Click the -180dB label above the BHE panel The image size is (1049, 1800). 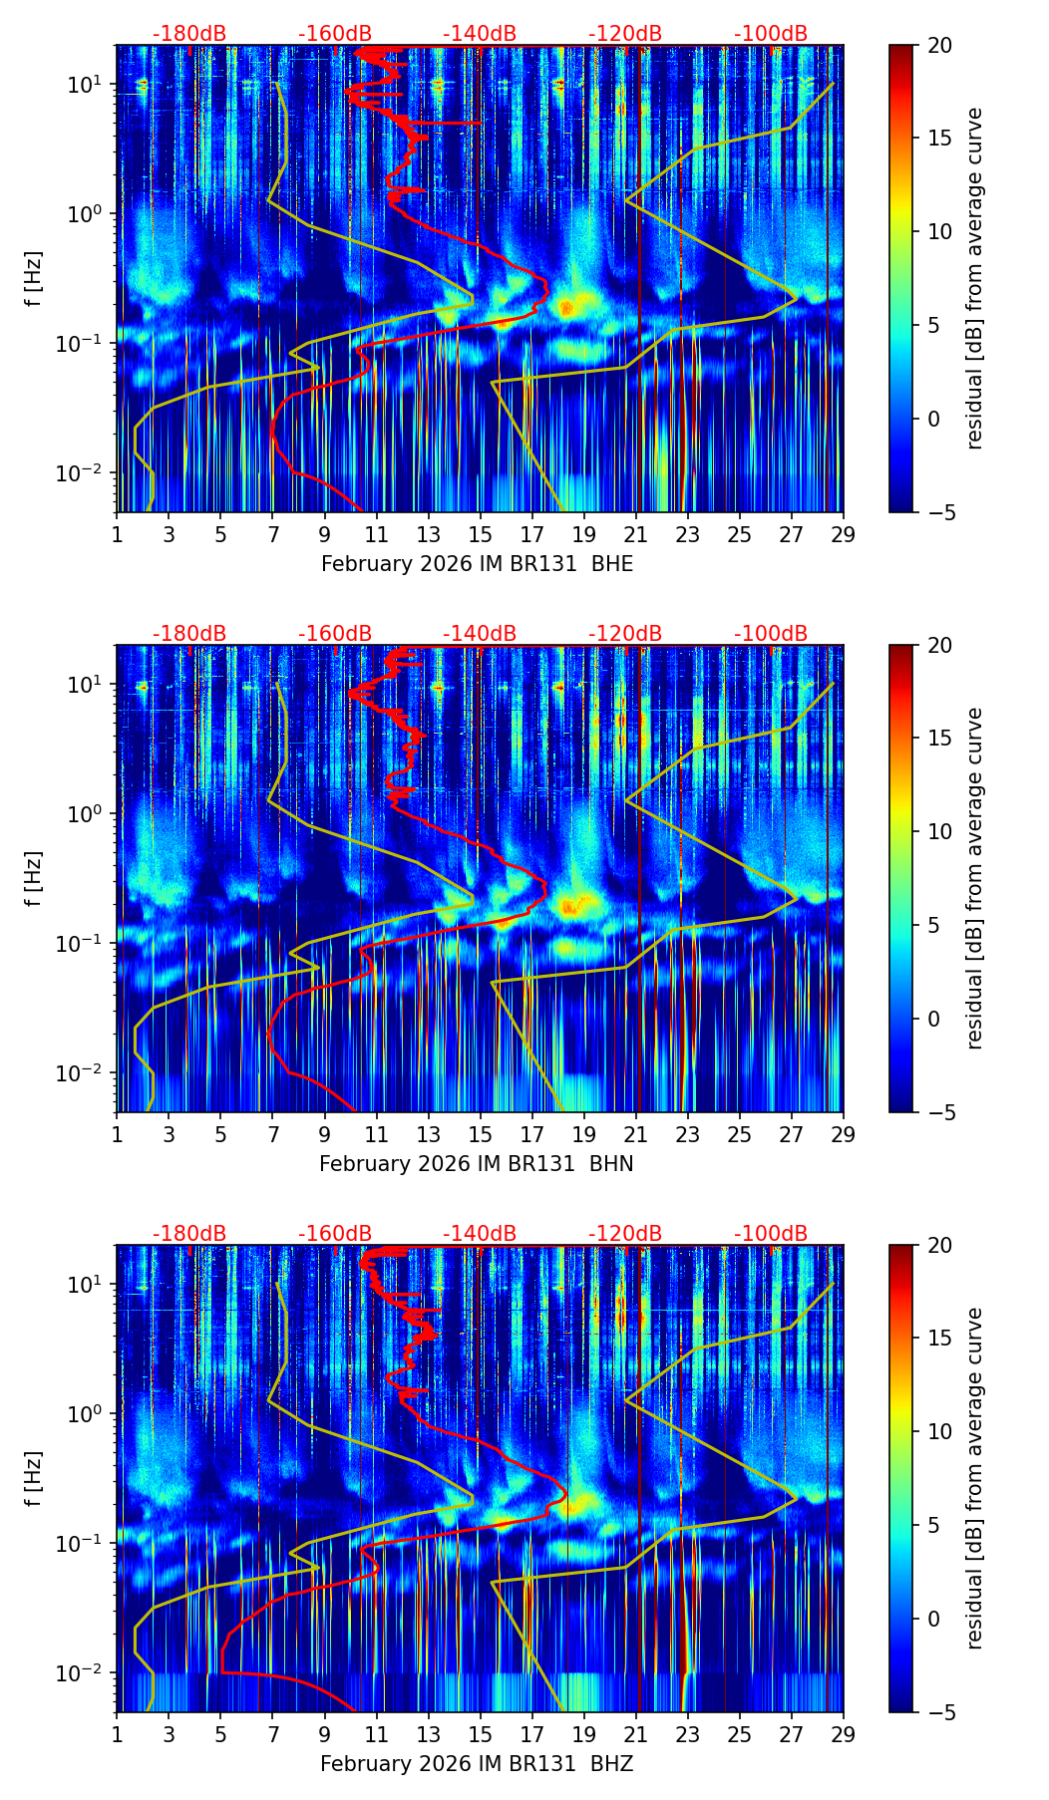click(189, 34)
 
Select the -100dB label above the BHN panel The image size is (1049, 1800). click(771, 634)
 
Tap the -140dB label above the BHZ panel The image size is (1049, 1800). click(480, 1234)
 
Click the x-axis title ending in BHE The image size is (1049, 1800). click(477, 564)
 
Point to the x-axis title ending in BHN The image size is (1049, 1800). click(477, 1164)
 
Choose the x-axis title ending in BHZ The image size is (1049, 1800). click(477, 1764)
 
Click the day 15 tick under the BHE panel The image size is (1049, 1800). click(481, 534)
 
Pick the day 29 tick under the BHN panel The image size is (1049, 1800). click(844, 1134)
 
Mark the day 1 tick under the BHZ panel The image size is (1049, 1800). click(118, 1734)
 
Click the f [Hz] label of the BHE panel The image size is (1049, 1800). click(34, 279)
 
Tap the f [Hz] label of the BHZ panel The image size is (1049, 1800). click(34, 1479)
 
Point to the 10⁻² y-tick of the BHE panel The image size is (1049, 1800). click(82, 472)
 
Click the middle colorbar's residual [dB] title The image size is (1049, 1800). click(975, 878)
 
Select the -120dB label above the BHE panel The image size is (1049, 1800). click(625, 34)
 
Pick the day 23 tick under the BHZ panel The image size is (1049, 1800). click(688, 1734)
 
